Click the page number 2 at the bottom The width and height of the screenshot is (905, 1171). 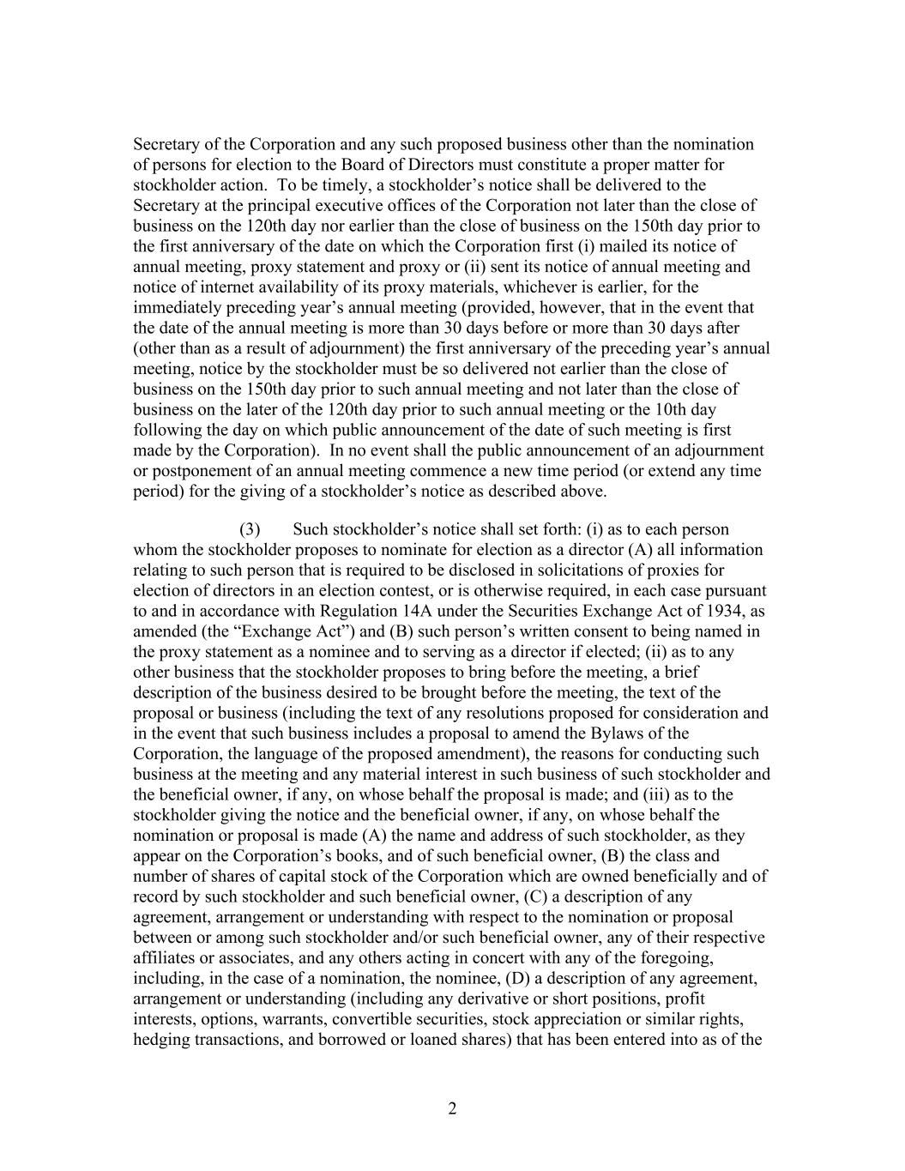coord(452,1108)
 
